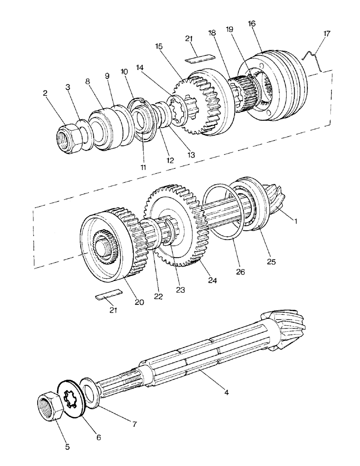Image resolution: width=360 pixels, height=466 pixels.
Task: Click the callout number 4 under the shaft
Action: click(x=226, y=393)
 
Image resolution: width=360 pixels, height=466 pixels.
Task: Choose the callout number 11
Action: click(x=143, y=167)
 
